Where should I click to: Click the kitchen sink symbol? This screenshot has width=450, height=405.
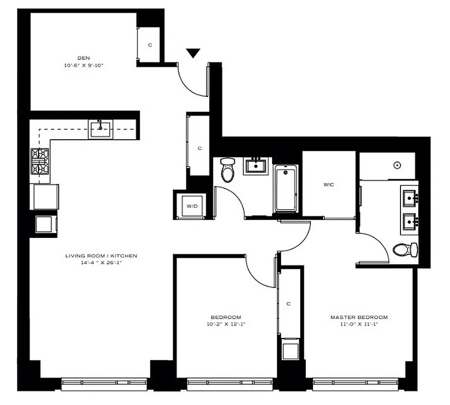point(101,129)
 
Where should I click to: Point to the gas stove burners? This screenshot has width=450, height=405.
point(40,161)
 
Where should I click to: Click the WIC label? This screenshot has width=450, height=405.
point(329,185)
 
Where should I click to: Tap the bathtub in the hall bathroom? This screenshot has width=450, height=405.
point(286,189)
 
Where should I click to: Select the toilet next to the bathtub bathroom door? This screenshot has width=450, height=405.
point(228,170)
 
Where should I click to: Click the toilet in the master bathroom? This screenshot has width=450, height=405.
point(406,250)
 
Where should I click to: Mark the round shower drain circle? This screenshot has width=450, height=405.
point(397,165)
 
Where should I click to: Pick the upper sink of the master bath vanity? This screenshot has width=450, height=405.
point(409,196)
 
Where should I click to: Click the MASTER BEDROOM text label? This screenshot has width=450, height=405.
point(359,317)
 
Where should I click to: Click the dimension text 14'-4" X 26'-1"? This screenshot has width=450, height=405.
point(101,263)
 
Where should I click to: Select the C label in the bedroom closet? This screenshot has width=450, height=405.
point(288,304)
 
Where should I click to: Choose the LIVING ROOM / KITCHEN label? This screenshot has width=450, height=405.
point(101,256)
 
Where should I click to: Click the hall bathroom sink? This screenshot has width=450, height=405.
point(255,166)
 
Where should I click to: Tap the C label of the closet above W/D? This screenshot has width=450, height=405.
point(200,148)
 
